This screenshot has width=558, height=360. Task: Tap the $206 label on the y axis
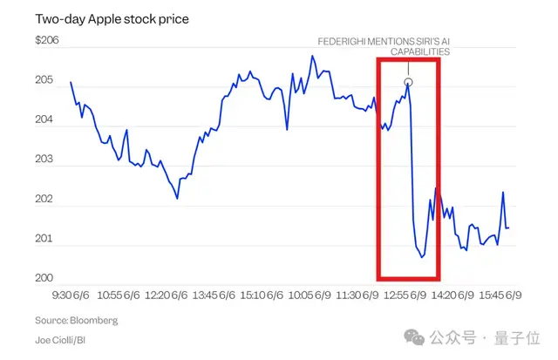point(47,40)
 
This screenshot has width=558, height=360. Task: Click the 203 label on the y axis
point(44,160)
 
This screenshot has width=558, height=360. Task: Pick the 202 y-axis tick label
point(44,200)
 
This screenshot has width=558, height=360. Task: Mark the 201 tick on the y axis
point(44,239)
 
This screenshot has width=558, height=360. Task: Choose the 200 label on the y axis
point(44,278)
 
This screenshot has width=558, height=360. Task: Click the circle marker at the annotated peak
point(408,82)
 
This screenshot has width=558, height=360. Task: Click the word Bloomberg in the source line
point(94,320)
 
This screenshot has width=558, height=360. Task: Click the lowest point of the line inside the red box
point(422,258)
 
